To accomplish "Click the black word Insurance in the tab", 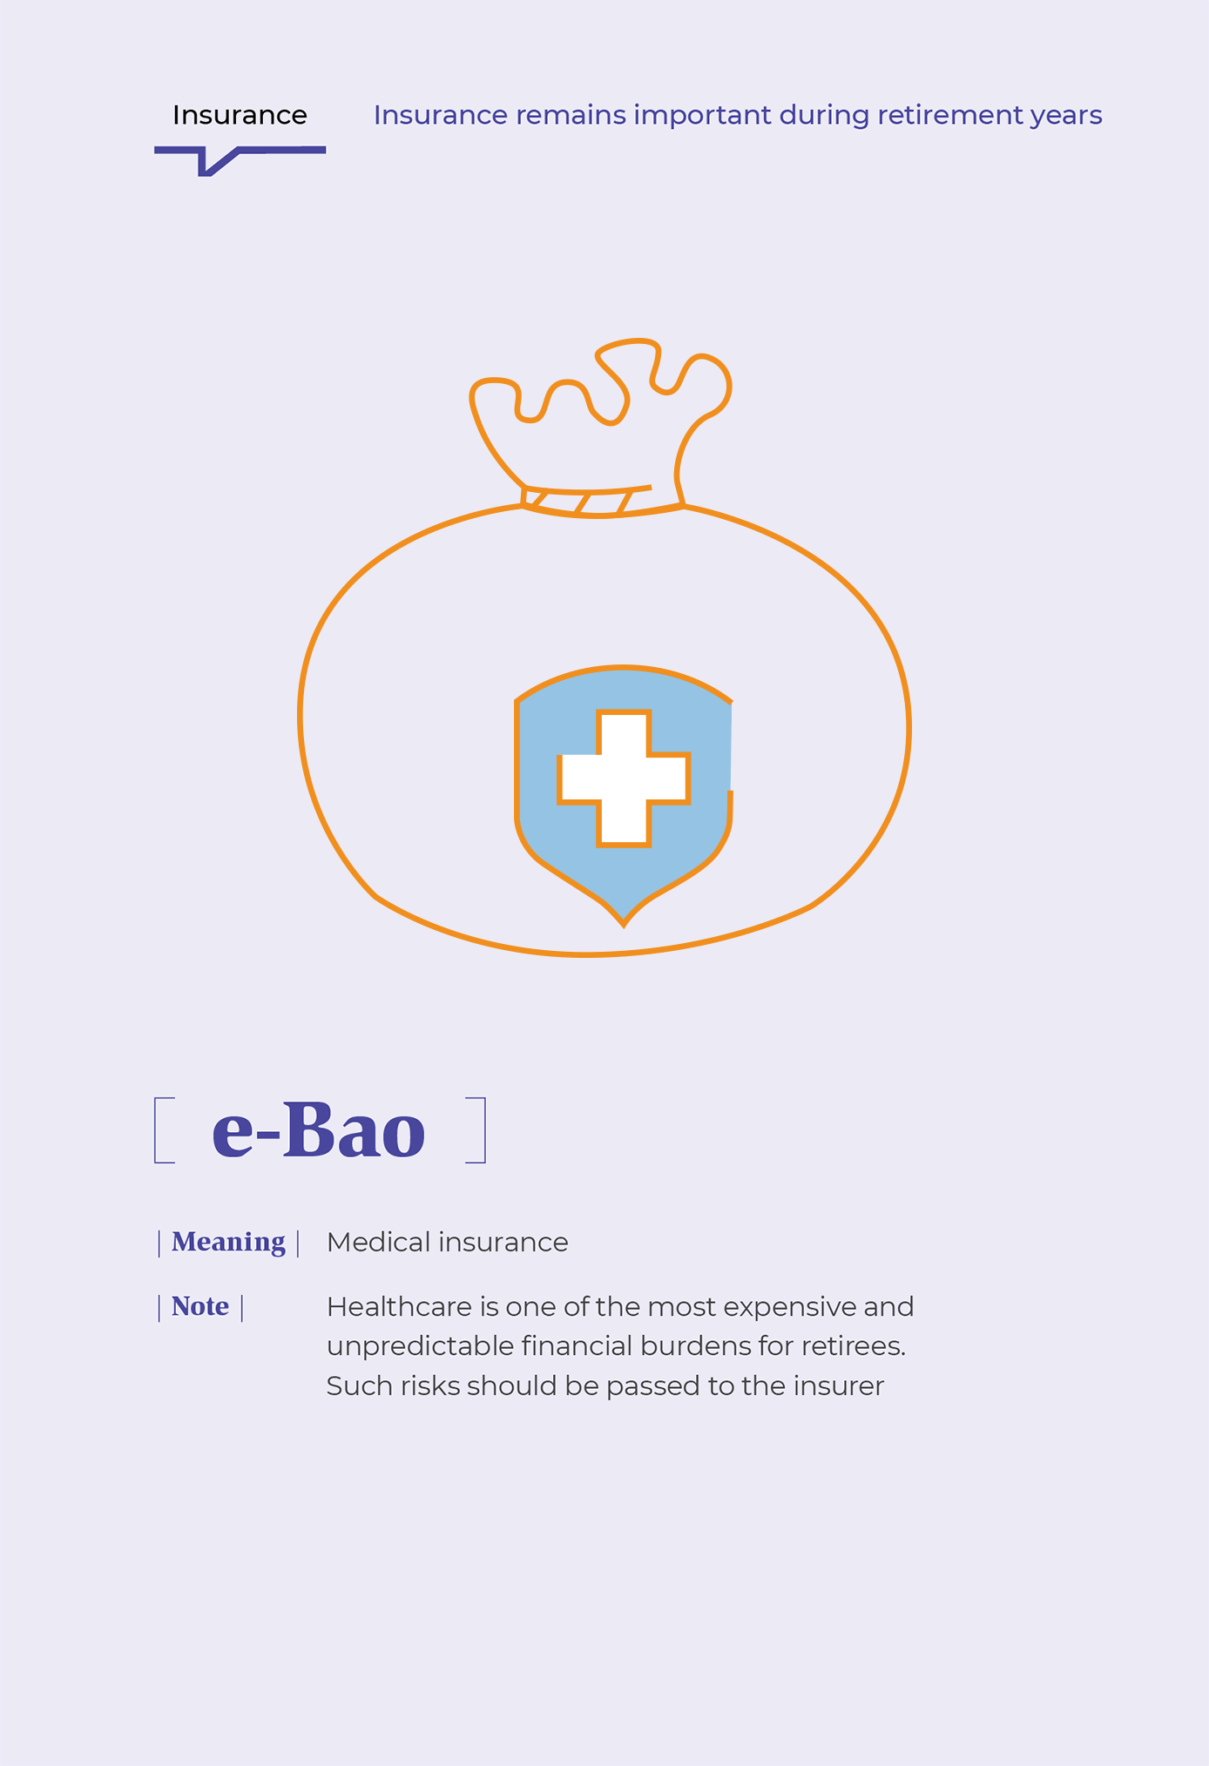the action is pos(240,115).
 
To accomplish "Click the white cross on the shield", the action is pos(624,778).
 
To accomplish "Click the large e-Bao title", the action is pos(319,1130).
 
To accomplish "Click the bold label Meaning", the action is pos(228,1243).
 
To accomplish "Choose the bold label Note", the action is pos(200,1306).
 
